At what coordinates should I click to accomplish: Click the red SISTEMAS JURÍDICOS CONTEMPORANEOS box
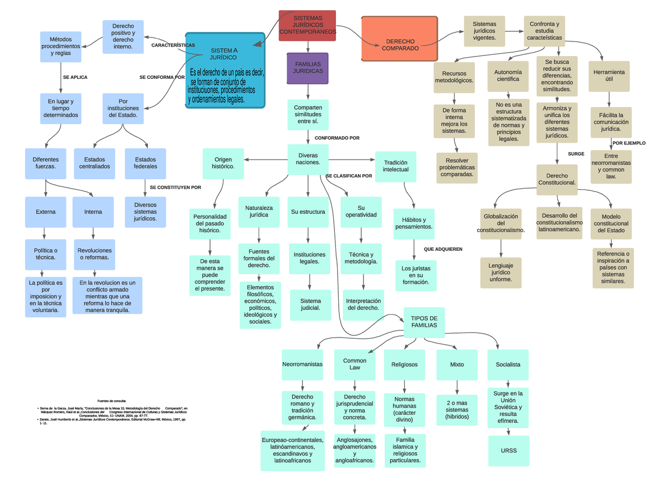point(307,26)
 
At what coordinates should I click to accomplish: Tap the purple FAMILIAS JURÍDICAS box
point(307,68)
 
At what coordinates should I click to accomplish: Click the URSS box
point(508,451)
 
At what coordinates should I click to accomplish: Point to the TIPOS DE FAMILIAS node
point(424,322)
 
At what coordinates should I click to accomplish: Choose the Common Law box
point(354,364)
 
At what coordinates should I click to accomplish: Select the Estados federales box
point(145,163)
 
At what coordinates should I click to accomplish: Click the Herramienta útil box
point(609,76)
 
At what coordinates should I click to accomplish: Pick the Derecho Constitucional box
point(557,179)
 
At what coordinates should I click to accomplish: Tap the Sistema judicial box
point(310,305)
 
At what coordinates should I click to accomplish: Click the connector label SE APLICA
point(75,77)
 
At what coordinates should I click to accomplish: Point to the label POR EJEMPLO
point(629,143)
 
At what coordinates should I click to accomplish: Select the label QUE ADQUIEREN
point(443,249)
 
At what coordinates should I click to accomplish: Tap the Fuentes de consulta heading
point(111,401)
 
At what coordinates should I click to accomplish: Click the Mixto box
point(456,364)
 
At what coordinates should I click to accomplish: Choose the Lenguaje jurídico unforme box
point(501,273)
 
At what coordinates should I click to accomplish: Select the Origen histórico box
point(223,163)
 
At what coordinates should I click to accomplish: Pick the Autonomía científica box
point(507,76)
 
